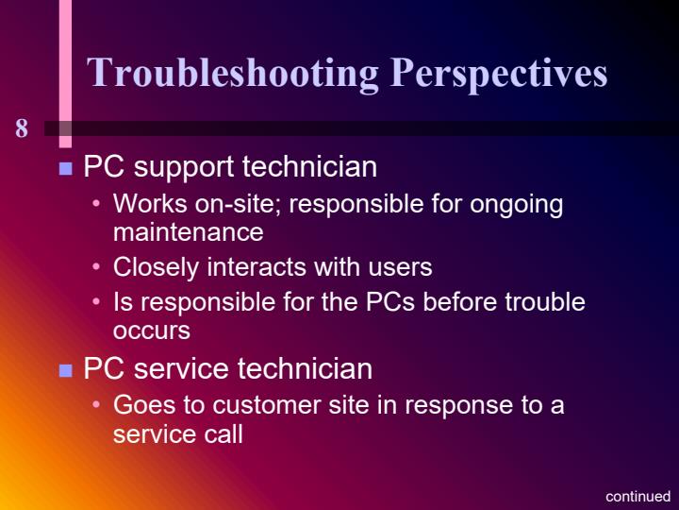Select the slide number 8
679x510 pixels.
point(22,129)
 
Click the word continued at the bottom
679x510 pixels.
point(638,496)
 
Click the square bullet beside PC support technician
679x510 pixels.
point(66,170)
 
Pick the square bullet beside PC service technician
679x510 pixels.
point(66,370)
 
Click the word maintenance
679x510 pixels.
point(188,231)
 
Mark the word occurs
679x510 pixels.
point(151,331)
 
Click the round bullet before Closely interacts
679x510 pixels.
point(97,268)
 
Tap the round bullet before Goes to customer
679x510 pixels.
point(97,406)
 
